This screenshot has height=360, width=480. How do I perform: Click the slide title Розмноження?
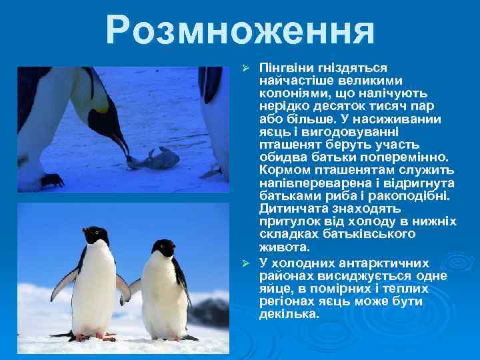coord(240,30)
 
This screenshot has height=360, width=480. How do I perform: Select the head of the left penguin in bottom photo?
coord(95,235)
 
